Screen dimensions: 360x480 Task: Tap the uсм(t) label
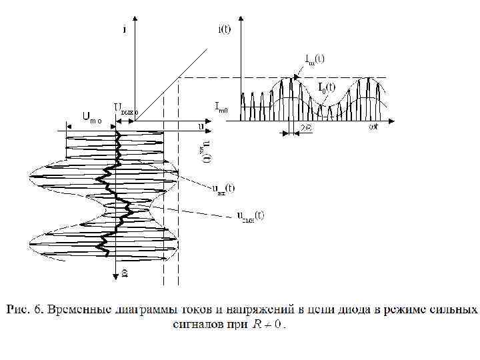pyautogui.click(x=250, y=215)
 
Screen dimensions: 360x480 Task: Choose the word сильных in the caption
pyautogui.click(x=454, y=310)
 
